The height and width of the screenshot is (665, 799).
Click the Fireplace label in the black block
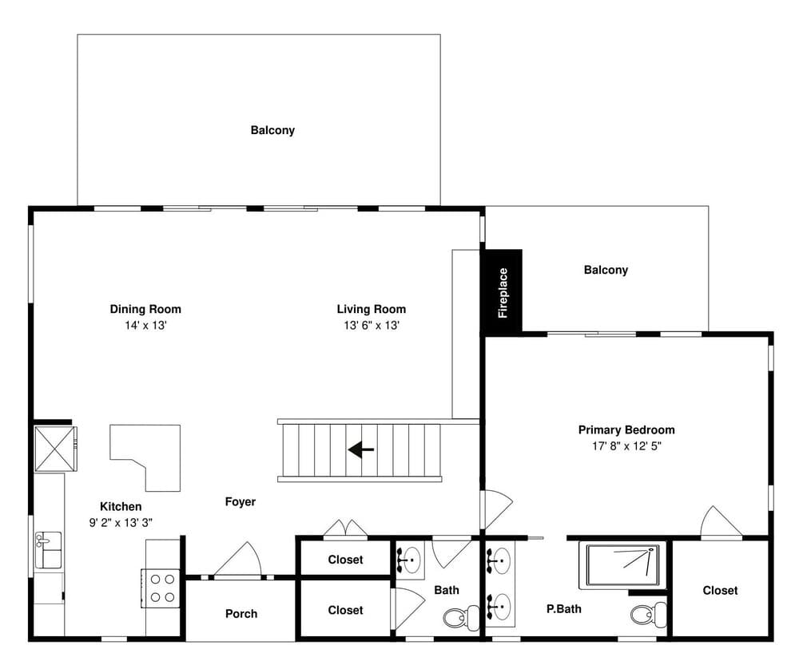click(x=503, y=293)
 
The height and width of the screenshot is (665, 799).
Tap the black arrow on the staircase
click(x=361, y=449)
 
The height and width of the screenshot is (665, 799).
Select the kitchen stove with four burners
click(x=161, y=588)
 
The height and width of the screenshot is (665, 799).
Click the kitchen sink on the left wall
click(x=48, y=550)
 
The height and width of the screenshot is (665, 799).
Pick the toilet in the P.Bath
click(x=648, y=615)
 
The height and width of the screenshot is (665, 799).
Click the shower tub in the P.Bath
click(x=622, y=566)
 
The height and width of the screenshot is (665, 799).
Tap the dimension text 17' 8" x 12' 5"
click(x=626, y=446)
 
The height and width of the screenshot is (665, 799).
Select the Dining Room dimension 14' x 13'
click(x=145, y=326)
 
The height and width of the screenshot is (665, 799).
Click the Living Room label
click(x=372, y=309)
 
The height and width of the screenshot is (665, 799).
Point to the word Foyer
click(x=240, y=502)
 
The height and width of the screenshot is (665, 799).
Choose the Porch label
click(x=241, y=614)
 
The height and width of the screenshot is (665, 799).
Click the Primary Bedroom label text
click(x=626, y=429)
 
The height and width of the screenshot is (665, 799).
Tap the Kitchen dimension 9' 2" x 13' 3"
click(x=121, y=523)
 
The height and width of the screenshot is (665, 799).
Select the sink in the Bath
click(x=410, y=560)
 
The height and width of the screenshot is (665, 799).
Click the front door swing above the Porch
click(x=238, y=559)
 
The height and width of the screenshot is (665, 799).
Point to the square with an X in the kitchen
click(x=56, y=449)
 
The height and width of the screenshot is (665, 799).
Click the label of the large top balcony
click(x=272, y=130)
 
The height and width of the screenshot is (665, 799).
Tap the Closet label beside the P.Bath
click(x=720, y=591)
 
